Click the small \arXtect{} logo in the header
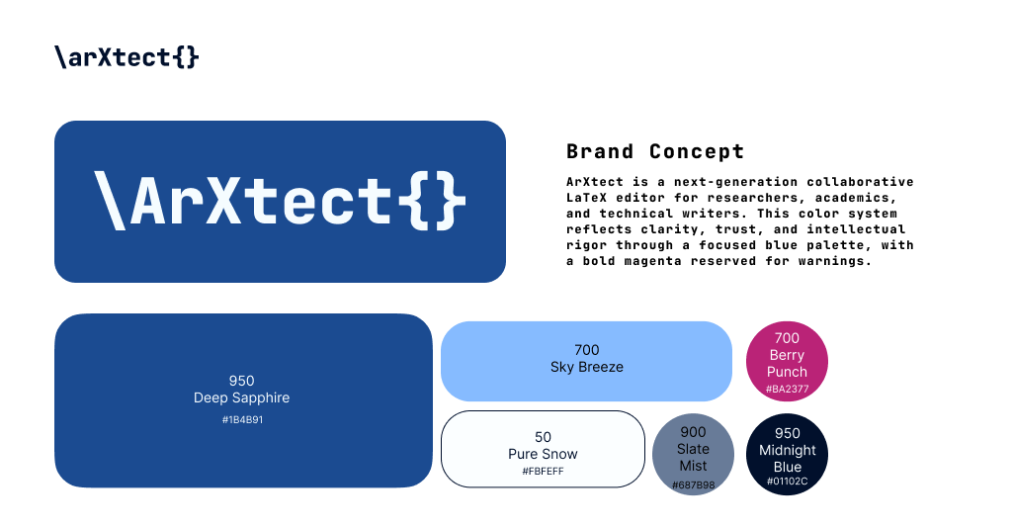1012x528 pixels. pos(126,57)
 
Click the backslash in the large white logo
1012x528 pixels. pos(110,201)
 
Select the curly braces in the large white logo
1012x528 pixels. pos(432,201)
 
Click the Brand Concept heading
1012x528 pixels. pos(655,151)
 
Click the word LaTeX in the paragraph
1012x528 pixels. pos(591,198)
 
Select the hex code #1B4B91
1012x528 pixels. pos(242,420)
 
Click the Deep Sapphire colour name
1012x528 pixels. pos(242,397)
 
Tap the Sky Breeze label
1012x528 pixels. pos(586,367)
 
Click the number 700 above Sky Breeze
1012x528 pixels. pos(586,350)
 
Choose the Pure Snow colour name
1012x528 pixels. pos(543,454)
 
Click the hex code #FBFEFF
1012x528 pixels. pos(543,472)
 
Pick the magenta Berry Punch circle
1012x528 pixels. pos(787,362)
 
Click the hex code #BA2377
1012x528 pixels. pos(787,390)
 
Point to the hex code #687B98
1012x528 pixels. pos(693,485)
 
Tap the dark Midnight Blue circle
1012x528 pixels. pos(787,454)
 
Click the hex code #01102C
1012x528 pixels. pos(787,482)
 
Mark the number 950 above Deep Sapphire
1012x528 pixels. pos(242,381)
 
